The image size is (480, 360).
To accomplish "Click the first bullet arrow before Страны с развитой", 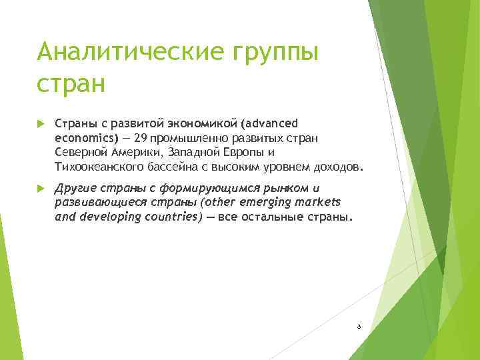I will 40,123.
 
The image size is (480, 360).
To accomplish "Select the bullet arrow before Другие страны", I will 40,189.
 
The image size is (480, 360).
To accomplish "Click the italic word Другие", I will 74,189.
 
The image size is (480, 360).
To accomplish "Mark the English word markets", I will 317,203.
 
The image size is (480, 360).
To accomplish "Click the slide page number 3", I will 359,327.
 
